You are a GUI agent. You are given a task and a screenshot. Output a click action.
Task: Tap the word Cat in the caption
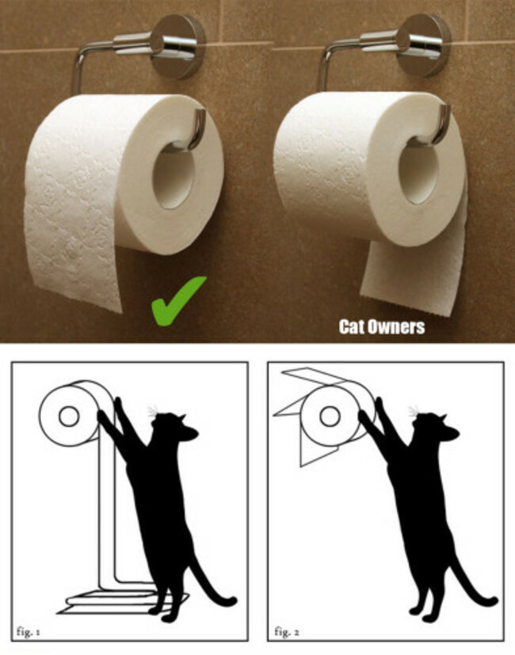350,326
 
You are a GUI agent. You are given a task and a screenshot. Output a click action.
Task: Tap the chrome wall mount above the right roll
423,44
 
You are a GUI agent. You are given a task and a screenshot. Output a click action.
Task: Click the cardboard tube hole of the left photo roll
174,176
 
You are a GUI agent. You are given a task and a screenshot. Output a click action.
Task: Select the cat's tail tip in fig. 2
494,601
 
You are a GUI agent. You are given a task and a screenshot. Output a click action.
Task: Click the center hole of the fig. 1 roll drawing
69,417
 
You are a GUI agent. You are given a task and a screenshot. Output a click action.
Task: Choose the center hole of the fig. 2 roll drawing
330,416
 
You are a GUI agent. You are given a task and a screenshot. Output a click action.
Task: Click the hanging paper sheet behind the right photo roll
414,276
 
